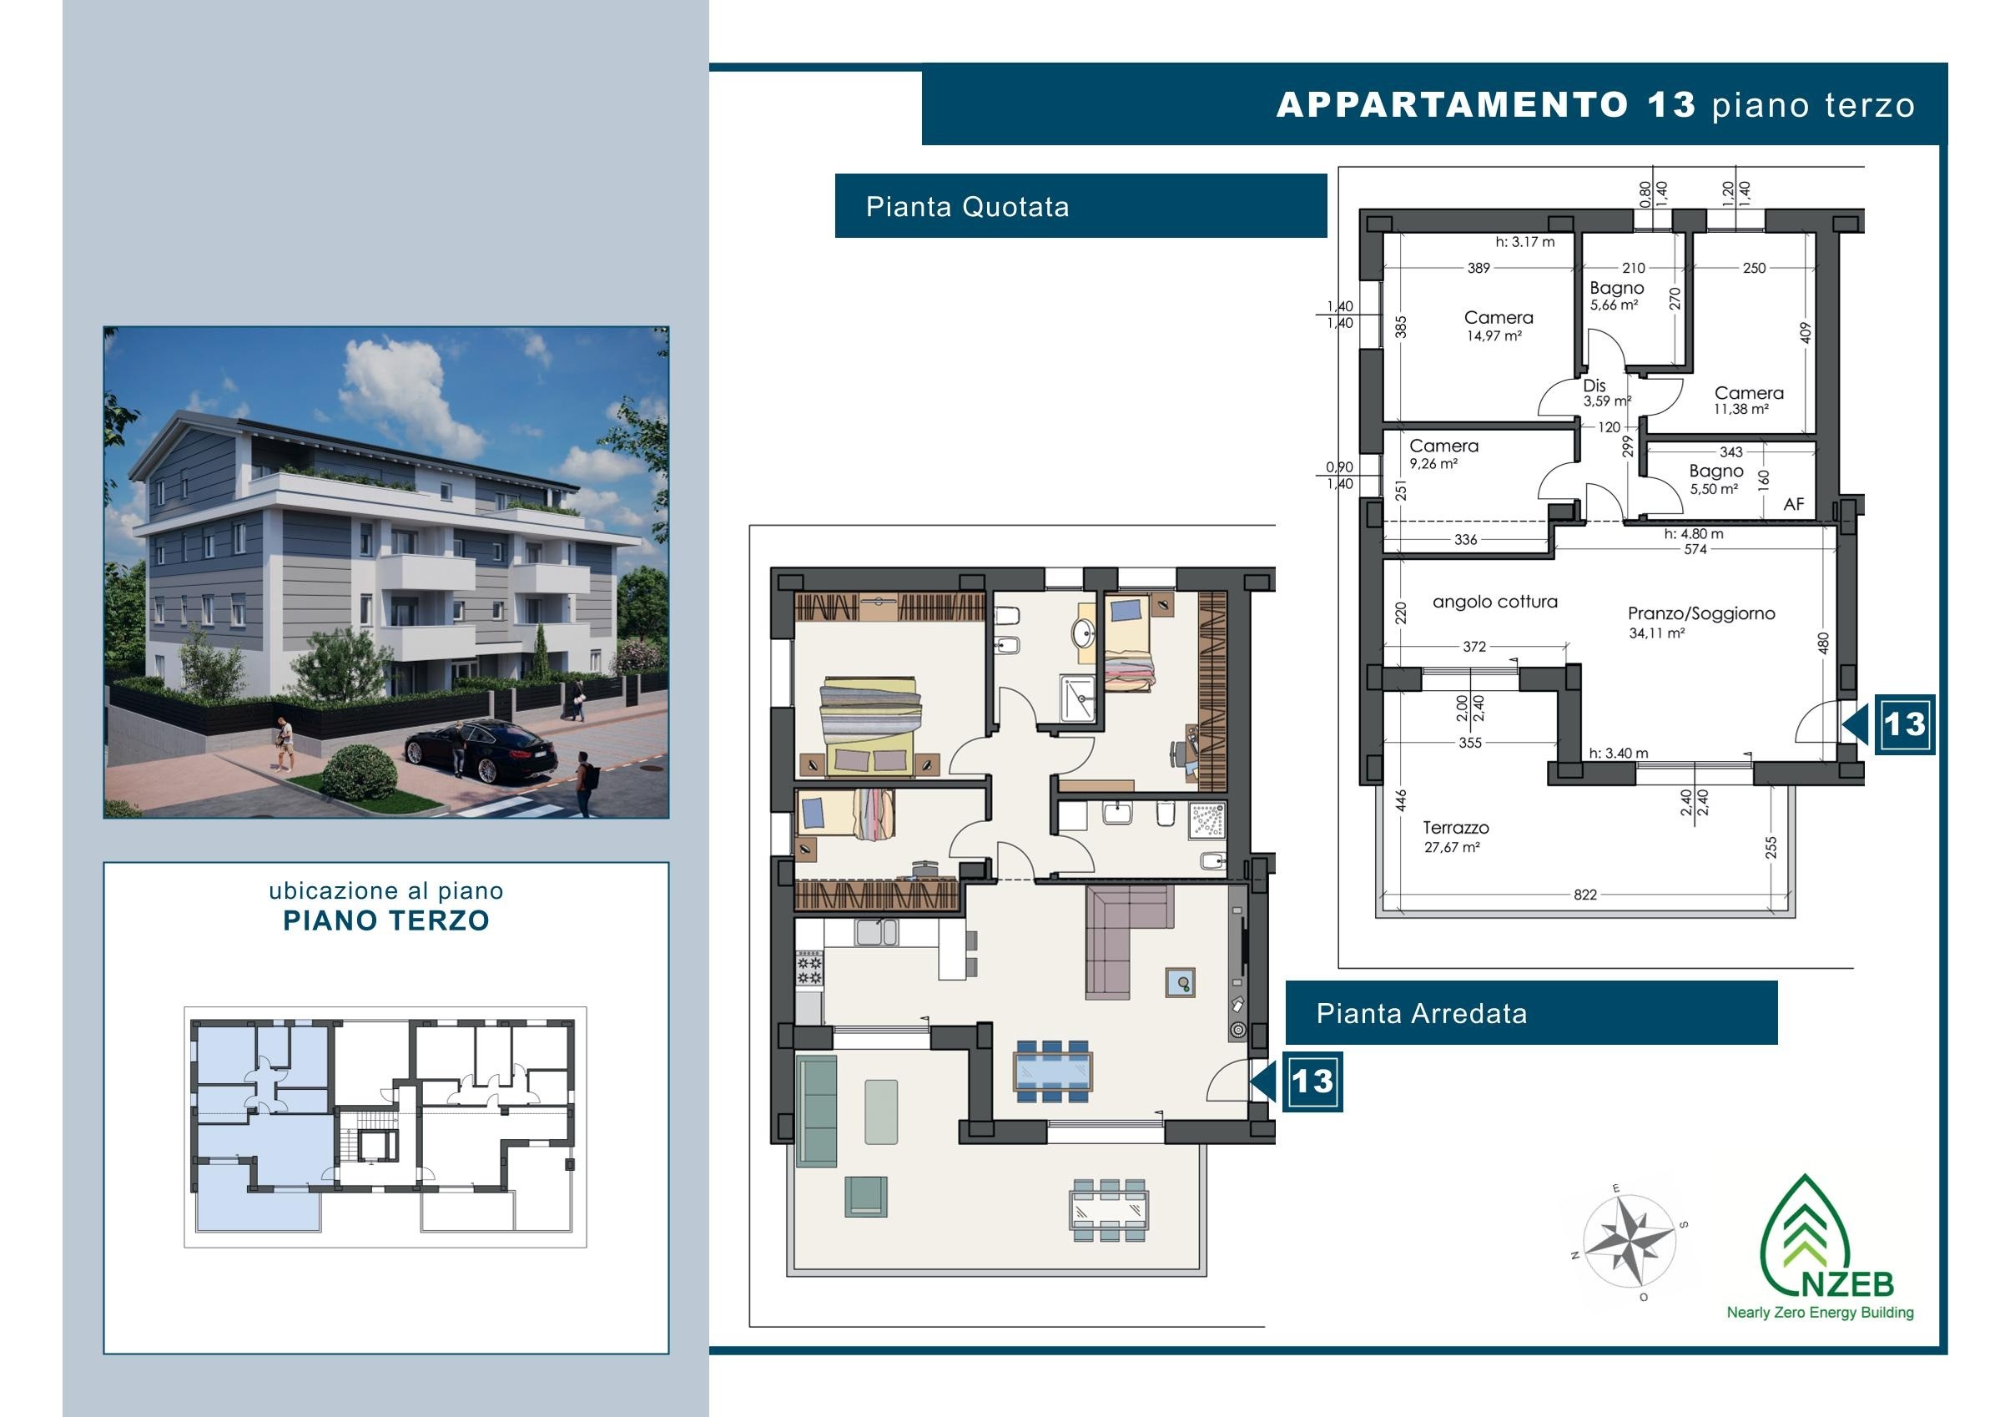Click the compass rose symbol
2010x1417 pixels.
[1629, 1241]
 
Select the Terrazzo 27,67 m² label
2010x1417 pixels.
[1455, 836]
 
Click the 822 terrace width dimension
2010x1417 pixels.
[1584, 894]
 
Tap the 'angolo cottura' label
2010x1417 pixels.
[1494, 602]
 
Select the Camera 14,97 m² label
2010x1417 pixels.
[1498, 325]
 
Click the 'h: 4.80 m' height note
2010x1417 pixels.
[1694, 533]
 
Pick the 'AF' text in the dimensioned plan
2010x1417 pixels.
[1794, 504]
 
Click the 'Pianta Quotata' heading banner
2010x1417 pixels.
[1081, 206]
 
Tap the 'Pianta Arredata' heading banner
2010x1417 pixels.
[1531, 1012]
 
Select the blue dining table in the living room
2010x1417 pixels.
[1051, 1071]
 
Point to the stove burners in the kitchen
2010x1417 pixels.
[809, 968]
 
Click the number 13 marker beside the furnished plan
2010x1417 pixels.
[1312, 1082]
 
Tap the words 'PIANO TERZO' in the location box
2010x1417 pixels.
[386, 920]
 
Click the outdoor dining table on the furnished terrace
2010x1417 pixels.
[1109, 1209]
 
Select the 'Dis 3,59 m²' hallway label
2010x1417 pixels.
[1605, 393]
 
